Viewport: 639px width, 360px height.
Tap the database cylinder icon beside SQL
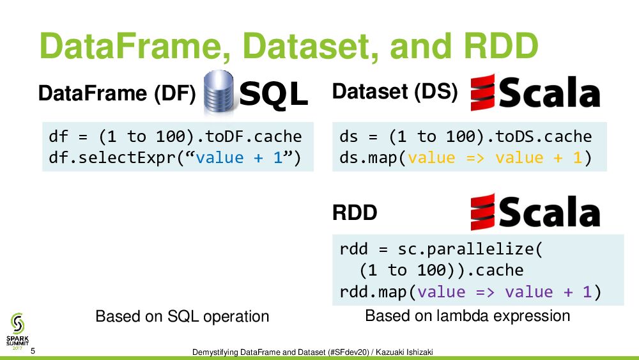[x=218, y=93]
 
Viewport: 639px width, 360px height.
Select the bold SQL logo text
[x=273, y=95]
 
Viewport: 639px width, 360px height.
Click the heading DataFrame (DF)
[x=117, y=94]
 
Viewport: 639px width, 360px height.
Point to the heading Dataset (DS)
[x=395, y=92]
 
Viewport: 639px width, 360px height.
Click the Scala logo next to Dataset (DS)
[x=535, y=92]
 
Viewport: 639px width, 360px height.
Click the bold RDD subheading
[x=355, y=214]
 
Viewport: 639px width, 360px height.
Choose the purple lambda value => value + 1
[x=504, y=292]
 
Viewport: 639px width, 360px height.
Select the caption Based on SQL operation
[x=182, y=316]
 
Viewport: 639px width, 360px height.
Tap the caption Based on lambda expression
[x=467, y=315]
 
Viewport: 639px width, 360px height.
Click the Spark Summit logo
[x=18, y=329]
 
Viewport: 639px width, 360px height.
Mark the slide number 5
[x=33, y=350]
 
